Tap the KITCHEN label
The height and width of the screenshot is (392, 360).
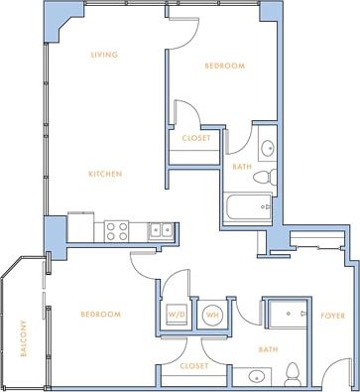tap(105, 174)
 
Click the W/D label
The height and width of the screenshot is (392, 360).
tap(178, 316)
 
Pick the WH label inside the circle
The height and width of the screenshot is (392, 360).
tap(212, 316)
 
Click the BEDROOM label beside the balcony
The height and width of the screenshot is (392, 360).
tap(100, 315)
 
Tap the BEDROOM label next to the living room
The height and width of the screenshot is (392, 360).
tap(224, 65)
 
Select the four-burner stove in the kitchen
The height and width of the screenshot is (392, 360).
tap(117, 231)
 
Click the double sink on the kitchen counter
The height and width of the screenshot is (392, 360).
tap(162, 231)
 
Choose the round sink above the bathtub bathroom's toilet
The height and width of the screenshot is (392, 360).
tap(266, 149)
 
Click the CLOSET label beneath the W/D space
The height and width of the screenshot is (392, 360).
tap(194, 365)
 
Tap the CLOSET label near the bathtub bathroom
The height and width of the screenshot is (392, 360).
tap(194, 138)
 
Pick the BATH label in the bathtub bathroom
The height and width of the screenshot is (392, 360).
tap(241, 167)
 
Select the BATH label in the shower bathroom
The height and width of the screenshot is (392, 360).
tap(267, 349)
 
